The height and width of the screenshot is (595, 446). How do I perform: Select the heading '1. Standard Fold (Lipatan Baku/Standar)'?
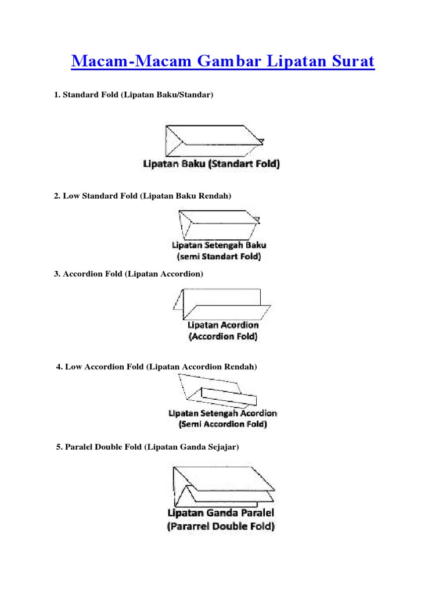point(134,94)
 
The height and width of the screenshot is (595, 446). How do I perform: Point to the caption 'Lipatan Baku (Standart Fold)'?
point(211,164)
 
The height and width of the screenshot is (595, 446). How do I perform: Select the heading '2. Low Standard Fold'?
point(143,196)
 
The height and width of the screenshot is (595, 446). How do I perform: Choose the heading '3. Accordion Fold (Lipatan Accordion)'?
point(128,274)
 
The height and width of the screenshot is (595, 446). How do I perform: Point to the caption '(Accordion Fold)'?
point(223,336)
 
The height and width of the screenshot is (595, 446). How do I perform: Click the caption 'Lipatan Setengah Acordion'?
point(222,414)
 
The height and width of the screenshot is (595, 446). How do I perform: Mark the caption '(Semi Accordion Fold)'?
point(222,425)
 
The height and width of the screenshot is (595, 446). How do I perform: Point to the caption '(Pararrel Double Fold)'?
point(221,527)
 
